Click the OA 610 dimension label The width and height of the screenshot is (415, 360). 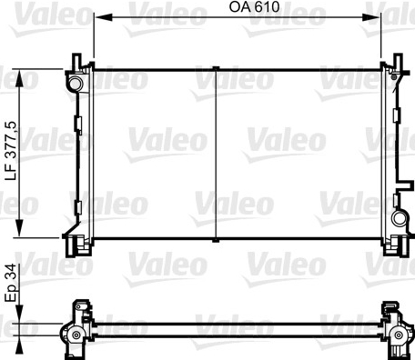click(x=254, y=7)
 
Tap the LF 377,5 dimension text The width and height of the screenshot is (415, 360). click(x=11, y=151)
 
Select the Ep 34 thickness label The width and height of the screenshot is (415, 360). click(x=11, y=283)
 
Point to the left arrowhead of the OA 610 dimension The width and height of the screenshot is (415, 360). click(x=103, y=17)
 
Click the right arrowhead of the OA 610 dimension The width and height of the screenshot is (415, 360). click(x=371, y=17)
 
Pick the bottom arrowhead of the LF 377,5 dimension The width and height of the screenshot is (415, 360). click(x=19, y=228)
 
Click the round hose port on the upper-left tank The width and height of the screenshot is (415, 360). click(x=75, y=84)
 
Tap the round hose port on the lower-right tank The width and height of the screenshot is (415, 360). click(x=399, y=218)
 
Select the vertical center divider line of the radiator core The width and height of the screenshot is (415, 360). click(x=216, y=155)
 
